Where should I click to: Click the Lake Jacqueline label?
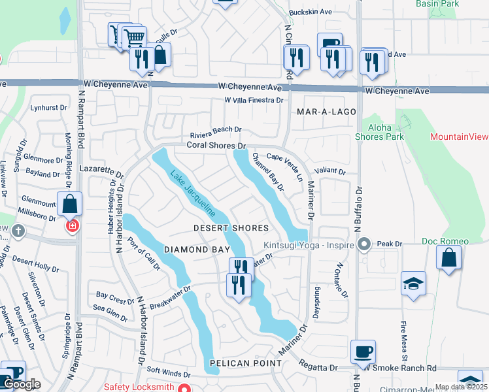click(x=194, y=194)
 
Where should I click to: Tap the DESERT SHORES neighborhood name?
click(x=231, y=228)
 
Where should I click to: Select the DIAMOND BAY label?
click(x=197, y=250)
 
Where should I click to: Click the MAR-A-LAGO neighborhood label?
click(x=326, y=112)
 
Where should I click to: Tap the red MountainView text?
click(x=459, y=137)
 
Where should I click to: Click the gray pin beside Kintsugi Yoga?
click(x=365, y=246)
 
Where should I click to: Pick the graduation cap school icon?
click(x=413, y=284)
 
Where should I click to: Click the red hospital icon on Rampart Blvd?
click(x=72, y=226)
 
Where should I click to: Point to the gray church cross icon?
click(x=18, y=231)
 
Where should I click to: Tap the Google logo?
click(x=21, y=385)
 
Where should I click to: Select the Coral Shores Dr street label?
click(x=216, y=145)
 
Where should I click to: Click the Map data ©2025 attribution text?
click(x=461, y=387)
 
